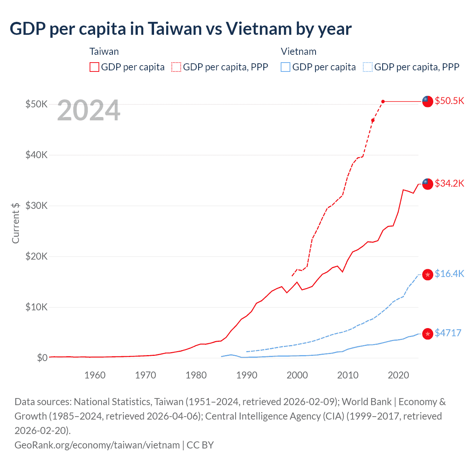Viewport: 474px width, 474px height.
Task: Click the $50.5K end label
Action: [x=449, y=101]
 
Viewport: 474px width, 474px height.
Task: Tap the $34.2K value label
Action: [x=449, y=183]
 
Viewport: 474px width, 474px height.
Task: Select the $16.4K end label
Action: [x=449, y=274]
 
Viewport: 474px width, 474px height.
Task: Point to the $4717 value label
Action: [x=448, y=333]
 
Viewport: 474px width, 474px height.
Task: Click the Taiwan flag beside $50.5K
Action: [x=428, y=101]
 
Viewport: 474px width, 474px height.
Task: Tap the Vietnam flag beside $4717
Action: [x=428, y=334]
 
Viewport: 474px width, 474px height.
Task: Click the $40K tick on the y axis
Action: [x=36, y=155]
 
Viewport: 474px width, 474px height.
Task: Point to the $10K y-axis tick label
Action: [x=36, y=307]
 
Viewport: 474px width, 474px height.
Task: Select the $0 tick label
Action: [x=42, y=358]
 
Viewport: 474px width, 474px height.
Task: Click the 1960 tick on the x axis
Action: [x=95, y=375]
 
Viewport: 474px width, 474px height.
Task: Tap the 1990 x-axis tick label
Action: [x=247, y=375]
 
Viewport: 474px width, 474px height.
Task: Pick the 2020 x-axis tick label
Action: [x=398, y=375]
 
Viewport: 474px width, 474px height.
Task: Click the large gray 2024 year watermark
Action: [x=89, y=110]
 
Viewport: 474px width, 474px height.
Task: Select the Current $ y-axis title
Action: [x=16, y=223]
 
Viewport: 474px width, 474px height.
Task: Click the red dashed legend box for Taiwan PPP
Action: [x=176, y=67]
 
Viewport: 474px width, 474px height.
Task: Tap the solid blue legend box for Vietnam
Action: [x=286, y=67]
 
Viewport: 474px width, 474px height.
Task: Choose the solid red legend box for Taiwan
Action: [x=94, y=67]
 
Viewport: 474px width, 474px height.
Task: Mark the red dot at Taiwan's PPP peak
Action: [x=383, y=101]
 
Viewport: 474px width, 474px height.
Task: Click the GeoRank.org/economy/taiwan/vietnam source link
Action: [x=97, y=445]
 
